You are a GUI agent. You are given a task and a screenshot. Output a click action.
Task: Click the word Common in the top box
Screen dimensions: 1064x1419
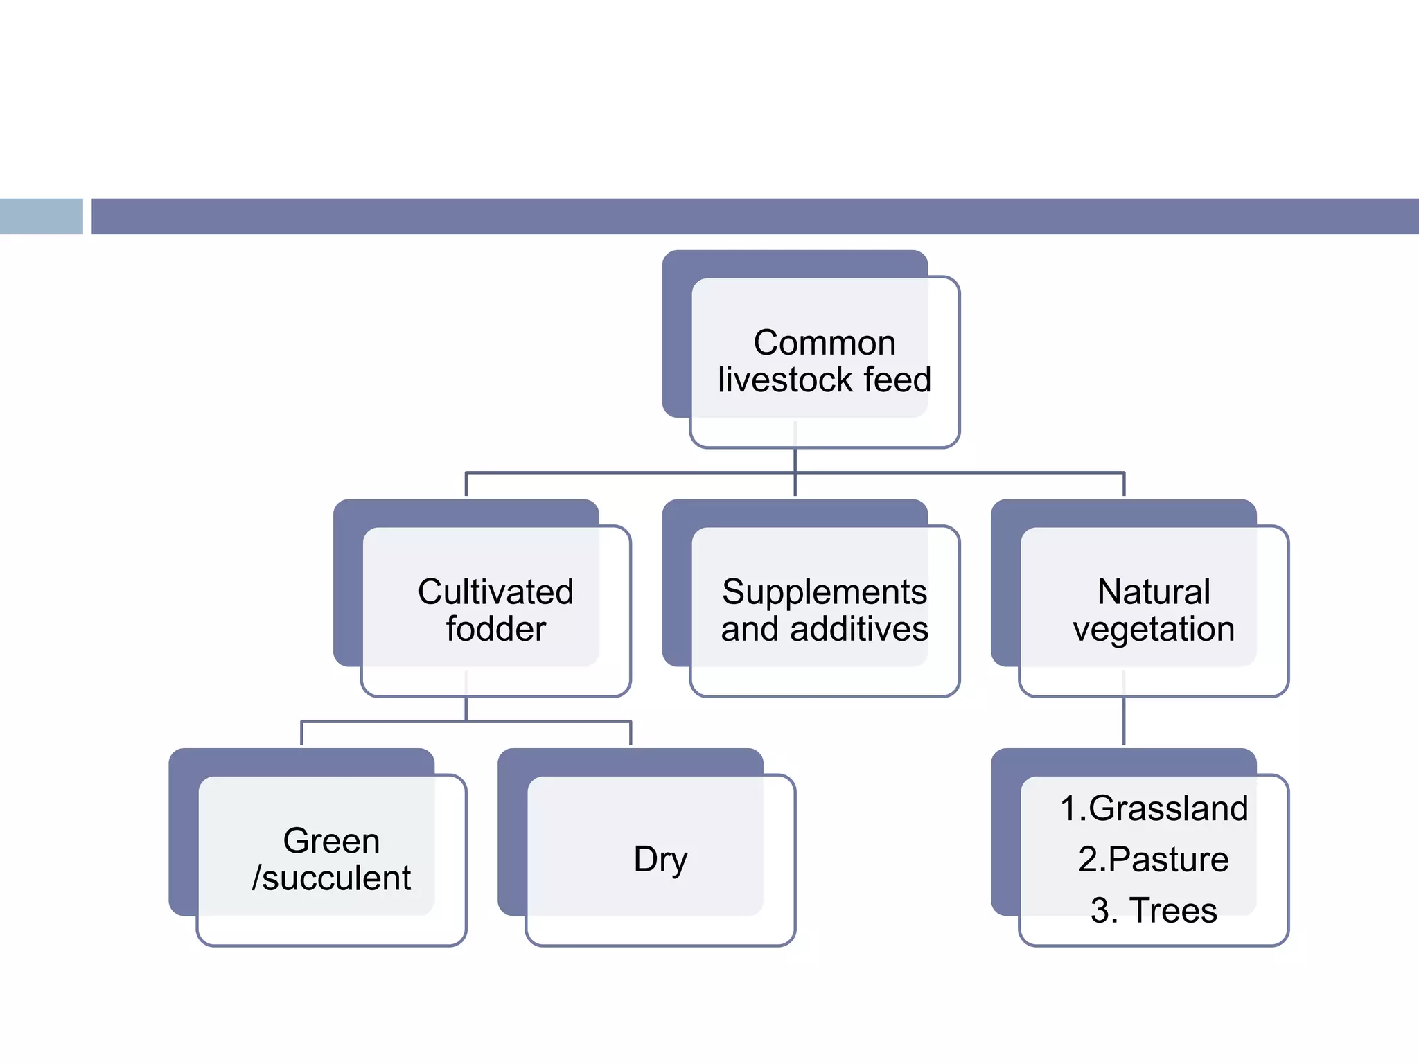pos(824,343)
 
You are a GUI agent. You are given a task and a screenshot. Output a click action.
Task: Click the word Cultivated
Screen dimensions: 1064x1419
pos(495,592)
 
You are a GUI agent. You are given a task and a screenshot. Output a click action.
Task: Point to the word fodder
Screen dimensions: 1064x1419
pos(495,630)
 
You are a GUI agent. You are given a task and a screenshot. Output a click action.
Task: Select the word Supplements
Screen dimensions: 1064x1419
pos(824,592)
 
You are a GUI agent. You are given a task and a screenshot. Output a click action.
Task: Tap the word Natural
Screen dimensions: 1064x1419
pos(1154,592)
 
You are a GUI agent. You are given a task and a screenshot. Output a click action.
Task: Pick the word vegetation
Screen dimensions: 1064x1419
pos(1154,630)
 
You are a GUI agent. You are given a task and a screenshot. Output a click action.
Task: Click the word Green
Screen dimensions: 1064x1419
pos(331,841)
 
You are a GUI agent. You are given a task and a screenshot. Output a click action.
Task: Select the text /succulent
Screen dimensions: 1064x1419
pos(331,878)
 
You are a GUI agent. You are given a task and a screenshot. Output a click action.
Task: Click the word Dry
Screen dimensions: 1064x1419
pos(660,860)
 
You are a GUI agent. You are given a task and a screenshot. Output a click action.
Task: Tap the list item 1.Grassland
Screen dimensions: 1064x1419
pos(1154,808)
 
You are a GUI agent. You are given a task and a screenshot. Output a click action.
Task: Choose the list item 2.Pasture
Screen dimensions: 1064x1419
pos(1154,860)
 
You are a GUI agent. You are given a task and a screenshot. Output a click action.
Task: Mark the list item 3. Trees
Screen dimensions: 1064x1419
pos(1154,910)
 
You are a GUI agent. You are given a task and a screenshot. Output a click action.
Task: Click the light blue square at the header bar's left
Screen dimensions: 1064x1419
pos(41,216)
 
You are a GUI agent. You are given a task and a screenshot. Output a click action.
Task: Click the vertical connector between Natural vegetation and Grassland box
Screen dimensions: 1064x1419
pos(1123,720)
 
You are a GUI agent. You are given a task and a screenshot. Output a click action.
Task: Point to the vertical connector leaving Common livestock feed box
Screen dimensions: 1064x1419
pos(795,460)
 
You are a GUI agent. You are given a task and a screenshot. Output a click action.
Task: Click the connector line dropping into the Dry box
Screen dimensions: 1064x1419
pos(631,733)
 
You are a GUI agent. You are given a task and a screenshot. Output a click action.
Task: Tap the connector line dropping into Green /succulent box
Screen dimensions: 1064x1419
pos(301,733)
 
